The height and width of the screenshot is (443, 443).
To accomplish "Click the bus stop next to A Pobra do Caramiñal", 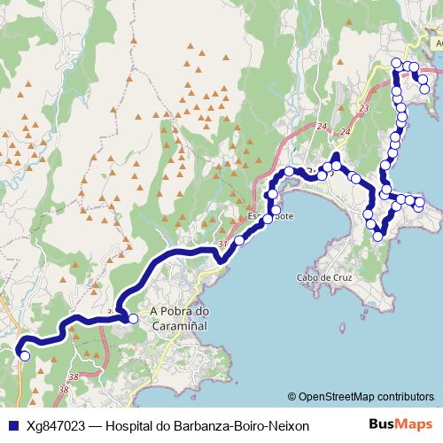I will pyautogui.click(x=133, y=319).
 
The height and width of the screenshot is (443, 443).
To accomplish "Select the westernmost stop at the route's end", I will pyautogui.click(x=25, y=356).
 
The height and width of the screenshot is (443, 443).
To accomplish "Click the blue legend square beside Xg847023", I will pyautogui.click(x=11, y=426).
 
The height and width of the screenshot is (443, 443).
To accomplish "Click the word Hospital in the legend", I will pyautogui.click(x=131, y=426).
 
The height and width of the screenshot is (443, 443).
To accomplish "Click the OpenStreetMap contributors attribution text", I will pyautogui.click(x=366, y=397).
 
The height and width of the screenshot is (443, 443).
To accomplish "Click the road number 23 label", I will pyautogui.click(x=364, y=108).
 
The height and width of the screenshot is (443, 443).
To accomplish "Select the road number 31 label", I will pyautogui.click(x=221, y=244).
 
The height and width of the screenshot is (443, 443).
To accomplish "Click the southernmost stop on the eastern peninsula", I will pyautogui.click(x=378, y=236).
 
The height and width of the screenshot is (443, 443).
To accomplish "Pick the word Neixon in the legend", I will pyautogui.click(x=289, y=426).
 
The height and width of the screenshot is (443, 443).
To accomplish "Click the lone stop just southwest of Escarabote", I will pyautogui.click(x=238, y=240).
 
